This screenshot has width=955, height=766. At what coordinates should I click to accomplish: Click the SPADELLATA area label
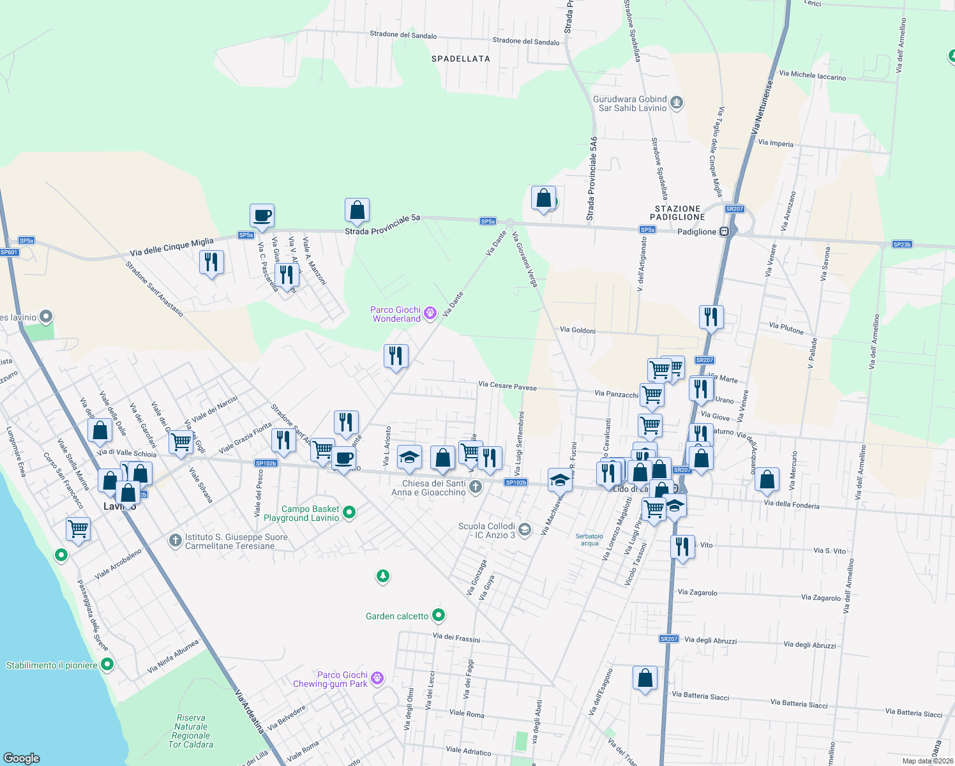pyautogui.click(x=460, y=59)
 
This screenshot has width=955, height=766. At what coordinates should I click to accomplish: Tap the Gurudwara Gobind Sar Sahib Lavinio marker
pyautogui.click(x=677, y=102)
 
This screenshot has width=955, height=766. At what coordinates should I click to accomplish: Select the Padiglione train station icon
pyautogui.click(x=724, y=232)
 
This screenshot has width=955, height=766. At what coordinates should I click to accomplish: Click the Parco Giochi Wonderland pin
pyautogui.click(x=430, y=312)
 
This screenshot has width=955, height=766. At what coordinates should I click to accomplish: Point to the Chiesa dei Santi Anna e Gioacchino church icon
pyautogui.click(x=475, y=487)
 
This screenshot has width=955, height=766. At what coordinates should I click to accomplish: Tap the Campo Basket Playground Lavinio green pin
pyautogui.click(x=349, y=512)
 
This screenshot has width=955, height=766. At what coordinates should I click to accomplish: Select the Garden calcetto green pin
pyautogui.click(x=439, y=615)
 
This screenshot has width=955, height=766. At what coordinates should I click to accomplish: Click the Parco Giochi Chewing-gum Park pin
pyautogui.click(x=377, y=678)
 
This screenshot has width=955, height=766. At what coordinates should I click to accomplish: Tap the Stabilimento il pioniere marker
pyautogui.click(x=107, y=665)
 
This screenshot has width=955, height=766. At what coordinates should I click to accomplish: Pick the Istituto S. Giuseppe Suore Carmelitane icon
pyautogui.click(x=176, y=541)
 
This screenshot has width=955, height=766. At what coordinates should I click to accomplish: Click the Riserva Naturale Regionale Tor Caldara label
pyautogui.click(x=190, y=731)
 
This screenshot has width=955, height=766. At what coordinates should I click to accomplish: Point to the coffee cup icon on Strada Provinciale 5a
pyautogui.click(x=262, y=216)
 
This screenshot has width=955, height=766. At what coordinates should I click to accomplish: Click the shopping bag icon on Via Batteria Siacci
pyautogui.click(x=645, y=677)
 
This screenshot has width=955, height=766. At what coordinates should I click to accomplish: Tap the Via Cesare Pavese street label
pyautogui.click(x=508, y=386)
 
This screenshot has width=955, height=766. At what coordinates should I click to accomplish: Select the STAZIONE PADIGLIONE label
pyautogui.click(x=678, y=213)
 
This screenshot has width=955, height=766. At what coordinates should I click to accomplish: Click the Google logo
pyautogui.click(x=22, y=758)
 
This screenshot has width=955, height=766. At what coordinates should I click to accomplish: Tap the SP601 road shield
pyautogui.click(x=9, y=252)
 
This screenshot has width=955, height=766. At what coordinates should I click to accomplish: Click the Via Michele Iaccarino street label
pyautogui.click(x=813, y=75)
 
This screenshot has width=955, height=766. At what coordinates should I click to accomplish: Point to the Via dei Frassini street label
pyautogui.click(x=456, y=637)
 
